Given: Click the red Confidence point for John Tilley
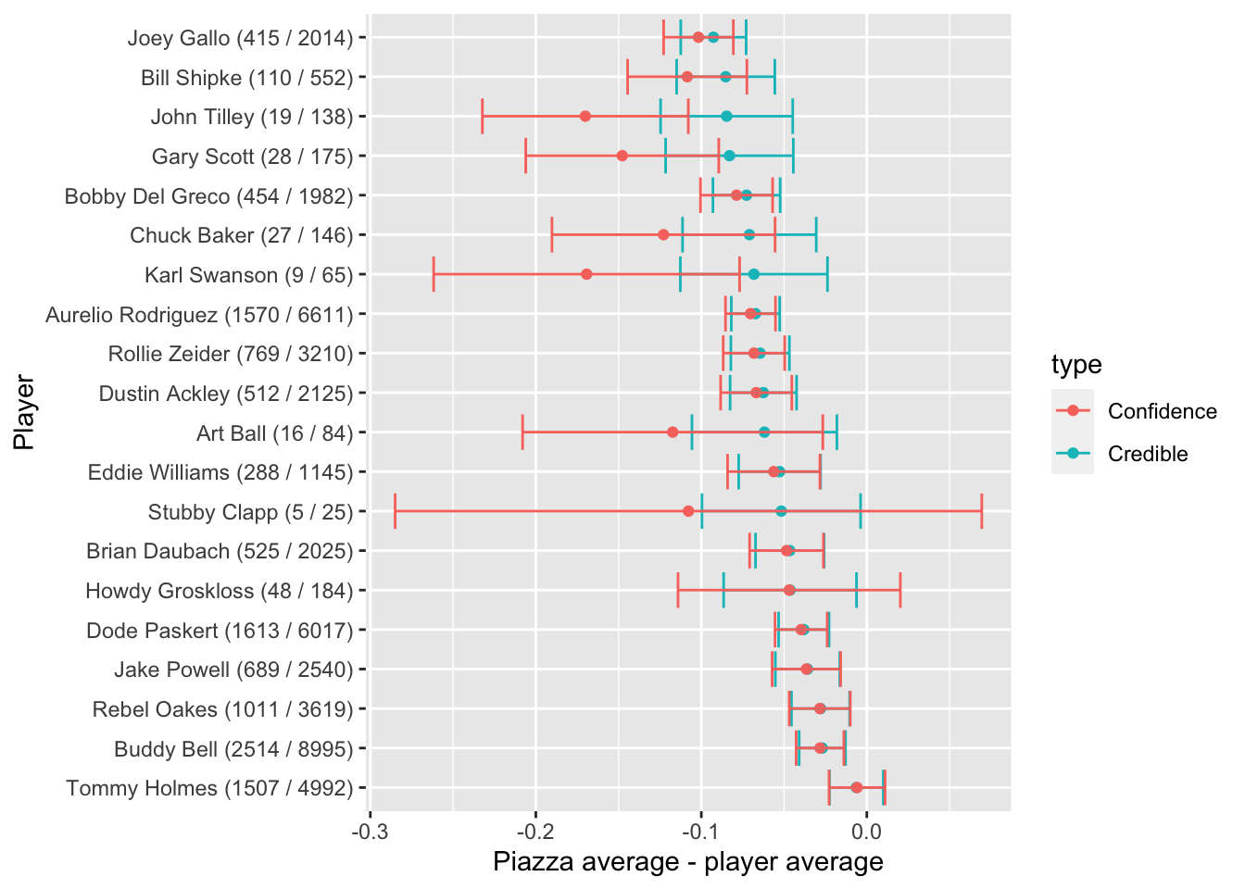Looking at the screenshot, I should coord(585,117).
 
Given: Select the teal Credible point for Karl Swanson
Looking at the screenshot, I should coord(754,274).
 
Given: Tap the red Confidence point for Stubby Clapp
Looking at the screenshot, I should coord(688,511).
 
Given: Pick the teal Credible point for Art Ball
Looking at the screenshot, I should coord(764,432).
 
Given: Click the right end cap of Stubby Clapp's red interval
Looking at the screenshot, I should coord(982,511).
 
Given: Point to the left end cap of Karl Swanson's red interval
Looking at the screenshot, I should coord(434,274).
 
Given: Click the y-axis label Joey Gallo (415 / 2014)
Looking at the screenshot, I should coord(241,38).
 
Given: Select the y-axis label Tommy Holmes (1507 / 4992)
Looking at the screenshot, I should coord(210,788).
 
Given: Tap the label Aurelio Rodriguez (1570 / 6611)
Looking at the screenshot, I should coord(200,315).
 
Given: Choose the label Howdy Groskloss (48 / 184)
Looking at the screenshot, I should coord(220,591).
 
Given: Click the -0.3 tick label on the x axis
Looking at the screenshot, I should coord(370,827).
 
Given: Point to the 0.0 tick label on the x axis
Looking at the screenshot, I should coord(866,827).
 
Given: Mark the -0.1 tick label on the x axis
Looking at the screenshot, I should coord(700,827).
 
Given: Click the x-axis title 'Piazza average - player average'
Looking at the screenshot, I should coord(688,862).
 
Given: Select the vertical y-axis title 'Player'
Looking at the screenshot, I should coord(24,413).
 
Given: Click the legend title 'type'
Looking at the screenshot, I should coord(1076,365).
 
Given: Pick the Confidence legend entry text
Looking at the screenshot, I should coord(1163,411).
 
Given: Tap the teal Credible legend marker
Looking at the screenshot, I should coord(1073,454).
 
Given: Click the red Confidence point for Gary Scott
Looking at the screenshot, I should coord(622,156).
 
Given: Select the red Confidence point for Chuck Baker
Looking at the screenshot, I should coord(663,235).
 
